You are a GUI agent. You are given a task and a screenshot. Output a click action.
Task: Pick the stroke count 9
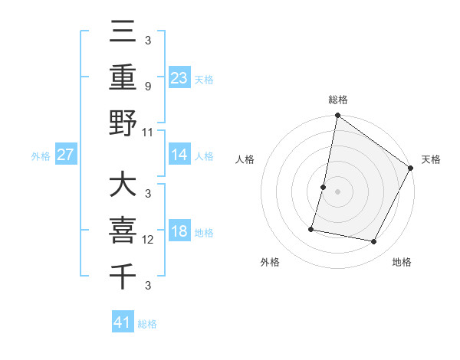pyautogui.click(x=148, y=87)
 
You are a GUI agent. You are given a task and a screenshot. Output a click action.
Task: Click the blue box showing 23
pyautogui.click(x=179, y=78)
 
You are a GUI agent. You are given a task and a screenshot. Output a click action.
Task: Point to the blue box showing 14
pyautogui.click(x=179, y=155)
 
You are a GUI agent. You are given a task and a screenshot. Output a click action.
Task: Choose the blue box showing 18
pyautogui.click(x=179, y=232)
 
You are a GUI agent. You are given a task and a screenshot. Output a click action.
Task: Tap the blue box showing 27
pyautogui.click(x=66, y=155)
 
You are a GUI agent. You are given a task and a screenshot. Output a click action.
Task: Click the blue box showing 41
pyautogui.click(x=123, y=323)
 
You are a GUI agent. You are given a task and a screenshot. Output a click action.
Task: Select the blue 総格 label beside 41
pyautogui.click(x=147, y=324)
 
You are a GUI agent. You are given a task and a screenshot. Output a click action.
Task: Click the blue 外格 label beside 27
pyautogui.click(x=41, y=155)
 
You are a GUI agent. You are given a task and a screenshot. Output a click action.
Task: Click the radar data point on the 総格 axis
pyautogui.click(x=337, y=116)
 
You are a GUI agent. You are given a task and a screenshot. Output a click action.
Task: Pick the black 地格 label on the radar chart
pyautogui.click(x=402, y=263)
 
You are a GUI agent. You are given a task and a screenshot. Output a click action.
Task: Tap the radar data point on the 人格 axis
pyautogui.click(x=324, y=187)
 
